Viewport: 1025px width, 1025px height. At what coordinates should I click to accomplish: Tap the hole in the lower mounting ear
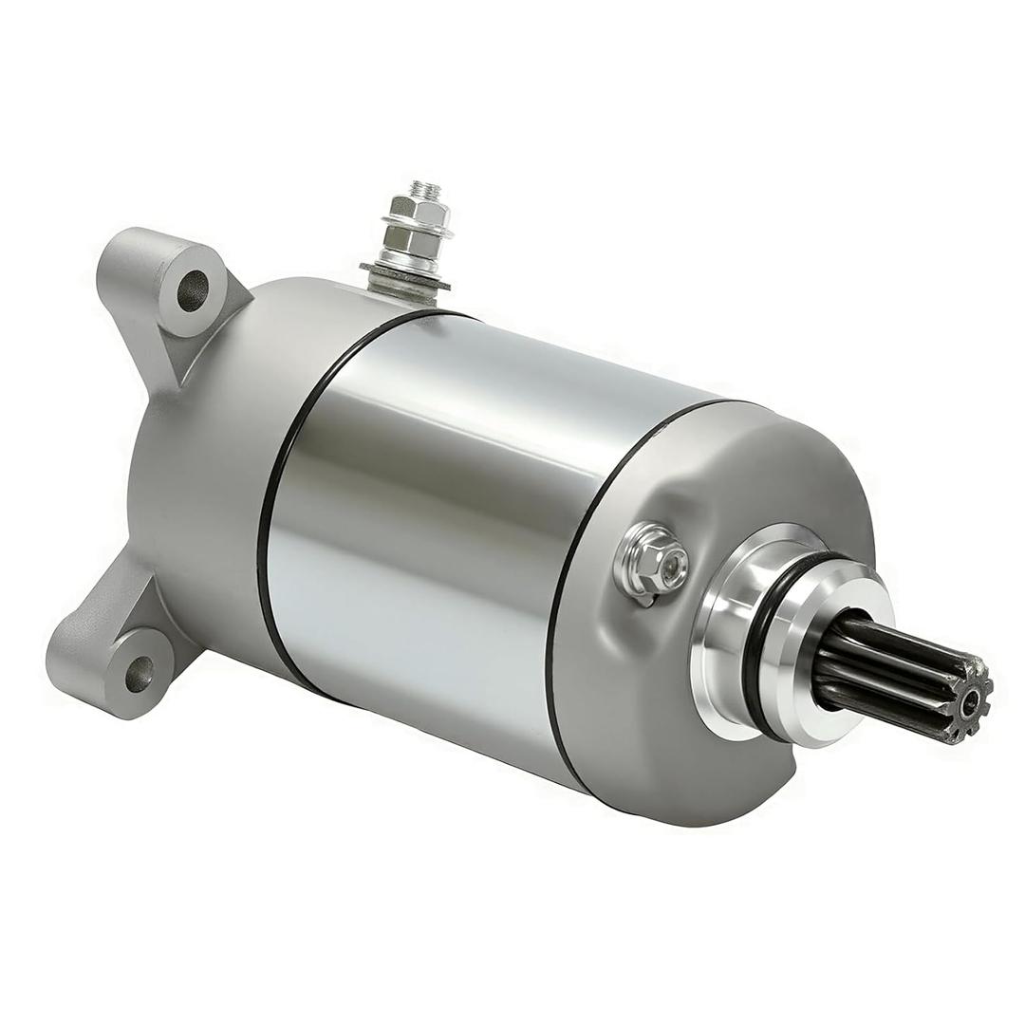click(139, 673)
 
